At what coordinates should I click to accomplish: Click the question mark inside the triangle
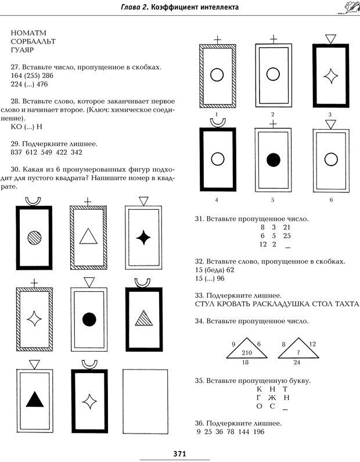point(298,353)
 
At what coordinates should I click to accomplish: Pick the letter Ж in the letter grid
point(272,398)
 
